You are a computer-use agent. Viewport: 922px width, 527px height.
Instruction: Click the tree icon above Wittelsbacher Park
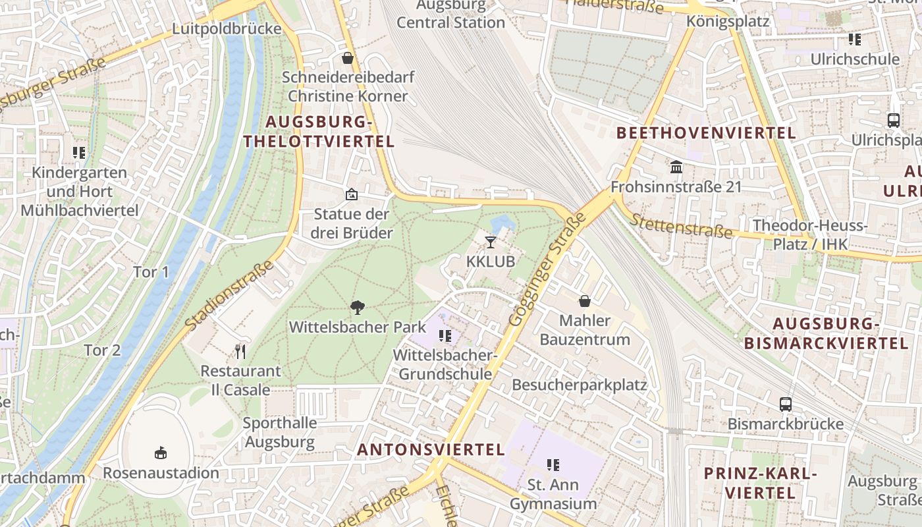tap(358, 307)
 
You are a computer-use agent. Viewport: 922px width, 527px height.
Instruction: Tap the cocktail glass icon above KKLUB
tap(491, 242)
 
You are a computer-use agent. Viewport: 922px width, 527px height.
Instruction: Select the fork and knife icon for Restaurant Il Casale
tap(240, 351)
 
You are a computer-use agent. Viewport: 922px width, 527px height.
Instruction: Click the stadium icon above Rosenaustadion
tap(161, 453)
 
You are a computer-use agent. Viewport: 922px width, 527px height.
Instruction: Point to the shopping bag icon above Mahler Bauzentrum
tap(584, 301)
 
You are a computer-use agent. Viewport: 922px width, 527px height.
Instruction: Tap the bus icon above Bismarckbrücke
tap(786, 404)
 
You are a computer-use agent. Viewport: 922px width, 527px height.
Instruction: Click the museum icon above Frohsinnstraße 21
tap(676, 167)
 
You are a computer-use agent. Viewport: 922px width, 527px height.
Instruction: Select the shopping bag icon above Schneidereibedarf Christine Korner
tap(348, 58)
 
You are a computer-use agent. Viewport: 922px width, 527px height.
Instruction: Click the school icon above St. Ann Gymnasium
tap(553, 465)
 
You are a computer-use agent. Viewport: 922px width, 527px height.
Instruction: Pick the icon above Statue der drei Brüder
tap(352, 194)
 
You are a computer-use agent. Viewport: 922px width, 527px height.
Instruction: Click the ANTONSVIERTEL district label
tap(431, 449)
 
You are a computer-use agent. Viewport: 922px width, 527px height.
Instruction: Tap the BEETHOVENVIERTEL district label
tap(706, 133)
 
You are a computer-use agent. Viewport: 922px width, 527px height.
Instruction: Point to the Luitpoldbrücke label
tap(227, 29)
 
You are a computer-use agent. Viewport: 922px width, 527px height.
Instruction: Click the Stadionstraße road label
tap(229, 296)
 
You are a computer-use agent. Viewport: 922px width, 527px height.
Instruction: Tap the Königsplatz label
tap(728, 21)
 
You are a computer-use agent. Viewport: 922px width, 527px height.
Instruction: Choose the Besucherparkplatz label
tap(580, 385)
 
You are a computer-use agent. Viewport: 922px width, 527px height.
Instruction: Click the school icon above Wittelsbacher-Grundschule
tap(445, 336)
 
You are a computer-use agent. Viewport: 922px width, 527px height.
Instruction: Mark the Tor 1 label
tap(151, 272)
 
